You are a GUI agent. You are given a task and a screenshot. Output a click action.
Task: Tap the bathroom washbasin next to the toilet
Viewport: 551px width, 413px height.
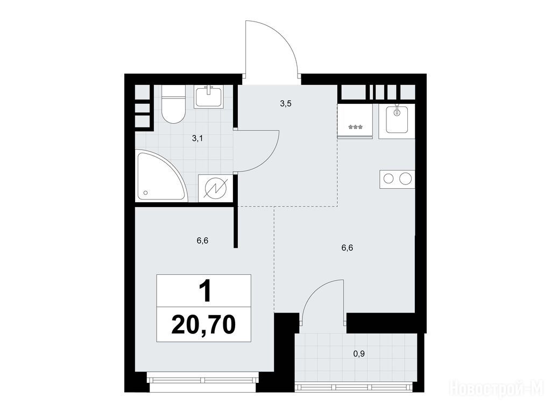coord(209,96)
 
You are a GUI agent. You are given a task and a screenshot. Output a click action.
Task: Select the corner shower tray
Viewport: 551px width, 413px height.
coord(160,176)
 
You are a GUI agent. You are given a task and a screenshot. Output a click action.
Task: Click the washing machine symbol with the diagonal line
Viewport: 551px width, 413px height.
coord(215,189)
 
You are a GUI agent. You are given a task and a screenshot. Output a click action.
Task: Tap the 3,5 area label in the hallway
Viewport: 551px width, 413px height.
coord(286,104)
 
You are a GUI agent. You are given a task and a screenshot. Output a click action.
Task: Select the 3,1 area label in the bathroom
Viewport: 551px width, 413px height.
coord(197,138)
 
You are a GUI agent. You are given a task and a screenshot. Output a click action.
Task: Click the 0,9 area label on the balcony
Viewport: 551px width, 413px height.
coord(359,354)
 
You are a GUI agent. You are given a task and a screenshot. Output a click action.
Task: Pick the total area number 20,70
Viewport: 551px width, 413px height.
coord(203,324)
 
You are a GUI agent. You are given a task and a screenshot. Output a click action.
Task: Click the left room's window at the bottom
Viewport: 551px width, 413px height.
coord(203,380)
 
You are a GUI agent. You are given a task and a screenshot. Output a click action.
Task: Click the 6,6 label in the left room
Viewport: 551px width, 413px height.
coord(203,240)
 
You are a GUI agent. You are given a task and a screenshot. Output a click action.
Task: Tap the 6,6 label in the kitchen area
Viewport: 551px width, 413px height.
coord(347,248)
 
